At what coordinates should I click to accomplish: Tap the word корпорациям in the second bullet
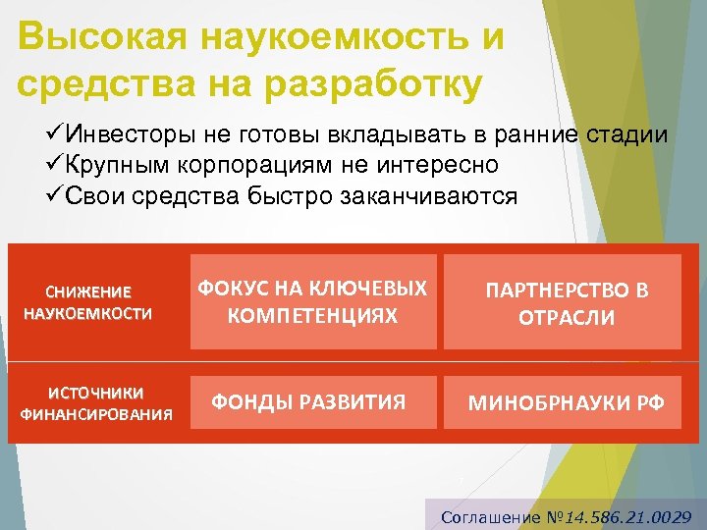[249, 165]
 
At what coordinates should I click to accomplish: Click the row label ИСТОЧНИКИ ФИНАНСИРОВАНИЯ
[96, 402]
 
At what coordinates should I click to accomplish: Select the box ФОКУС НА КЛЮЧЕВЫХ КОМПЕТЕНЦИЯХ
[312, 302]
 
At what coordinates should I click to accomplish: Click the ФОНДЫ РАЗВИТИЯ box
[312, 401]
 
